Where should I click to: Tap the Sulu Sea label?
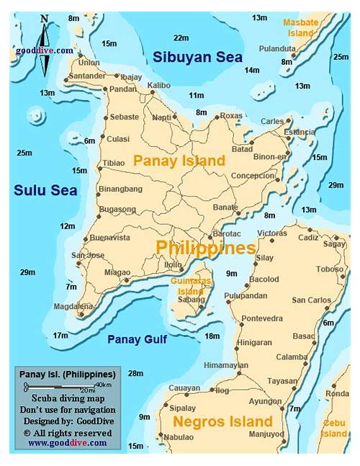pos(45,190)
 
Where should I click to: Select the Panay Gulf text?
pos(137,339)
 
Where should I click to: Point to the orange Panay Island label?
pos(179,161)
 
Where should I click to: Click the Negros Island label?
pos(223,421)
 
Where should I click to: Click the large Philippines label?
pos(206,248)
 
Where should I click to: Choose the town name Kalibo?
pos(158,85)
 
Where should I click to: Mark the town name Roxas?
pos(231,115)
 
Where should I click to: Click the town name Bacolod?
pos(264,279)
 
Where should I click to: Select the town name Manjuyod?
pos(266,435)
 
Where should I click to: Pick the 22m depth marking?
pos(181,37)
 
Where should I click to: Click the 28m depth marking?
pos(135,372)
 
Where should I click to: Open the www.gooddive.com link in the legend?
pos(67,443)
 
